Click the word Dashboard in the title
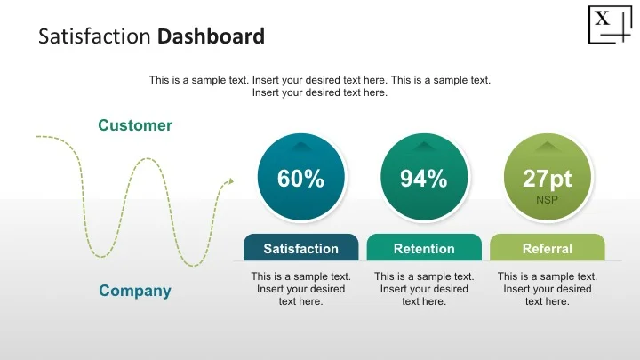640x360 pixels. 211,37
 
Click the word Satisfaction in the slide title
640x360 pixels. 96,37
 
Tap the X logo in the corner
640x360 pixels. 607,23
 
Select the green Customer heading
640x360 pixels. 135,125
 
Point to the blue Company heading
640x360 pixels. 135,291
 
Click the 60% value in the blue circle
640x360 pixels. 300,179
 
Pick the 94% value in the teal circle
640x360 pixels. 423,179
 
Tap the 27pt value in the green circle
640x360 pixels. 547,179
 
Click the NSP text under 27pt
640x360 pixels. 547,201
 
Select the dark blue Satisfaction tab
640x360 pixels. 300,248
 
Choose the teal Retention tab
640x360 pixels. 424,248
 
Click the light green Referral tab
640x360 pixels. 547,248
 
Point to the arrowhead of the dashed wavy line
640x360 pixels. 229,182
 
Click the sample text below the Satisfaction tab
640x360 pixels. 300,289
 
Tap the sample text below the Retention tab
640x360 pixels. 424,289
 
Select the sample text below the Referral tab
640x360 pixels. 547,289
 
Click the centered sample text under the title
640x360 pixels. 320,86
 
